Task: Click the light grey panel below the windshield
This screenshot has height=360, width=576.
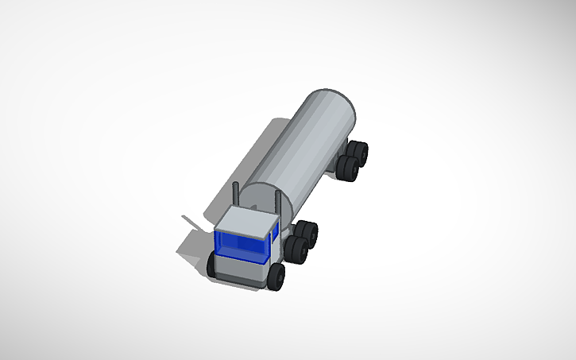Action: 239,270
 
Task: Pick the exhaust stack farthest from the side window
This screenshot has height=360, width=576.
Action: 236,195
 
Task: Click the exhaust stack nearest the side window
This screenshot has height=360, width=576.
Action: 276,201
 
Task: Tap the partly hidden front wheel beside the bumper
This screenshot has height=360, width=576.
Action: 212,265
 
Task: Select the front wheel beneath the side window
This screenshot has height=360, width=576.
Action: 276,277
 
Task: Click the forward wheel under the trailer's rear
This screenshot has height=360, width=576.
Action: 349,168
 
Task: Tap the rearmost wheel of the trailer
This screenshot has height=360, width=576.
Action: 359,153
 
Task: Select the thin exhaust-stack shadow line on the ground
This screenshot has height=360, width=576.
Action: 191,220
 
